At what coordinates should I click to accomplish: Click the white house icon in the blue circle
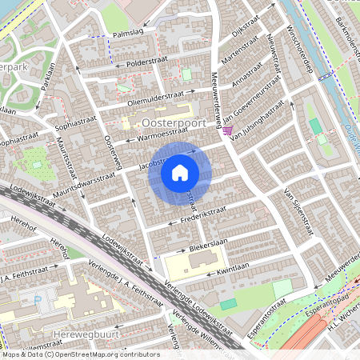click(180, 172)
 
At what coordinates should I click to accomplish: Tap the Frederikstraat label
click(191, 215)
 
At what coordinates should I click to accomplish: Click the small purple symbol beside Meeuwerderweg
click(228, 130)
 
